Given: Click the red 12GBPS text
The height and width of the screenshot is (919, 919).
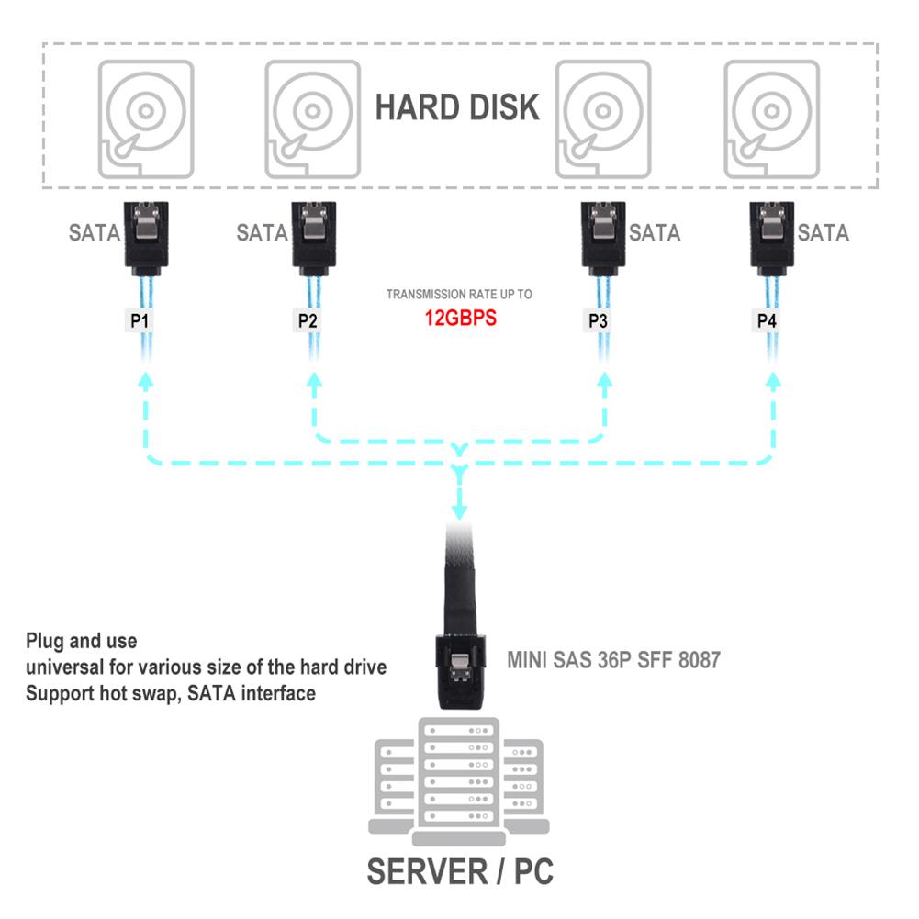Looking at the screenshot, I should (x=460, y=320).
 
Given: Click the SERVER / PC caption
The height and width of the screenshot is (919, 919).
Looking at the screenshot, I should (x=460, y=870).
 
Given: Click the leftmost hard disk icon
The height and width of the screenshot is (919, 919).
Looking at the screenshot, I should (x=146, y=118).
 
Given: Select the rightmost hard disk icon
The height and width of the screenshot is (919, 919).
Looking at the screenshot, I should (x=772, y=118).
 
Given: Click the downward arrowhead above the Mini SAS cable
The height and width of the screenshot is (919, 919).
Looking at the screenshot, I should (x=460, y=510).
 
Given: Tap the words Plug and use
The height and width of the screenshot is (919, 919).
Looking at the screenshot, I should (x=82, y=640).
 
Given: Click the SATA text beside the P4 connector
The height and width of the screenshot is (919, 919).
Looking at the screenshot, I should (x=823, y=233).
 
